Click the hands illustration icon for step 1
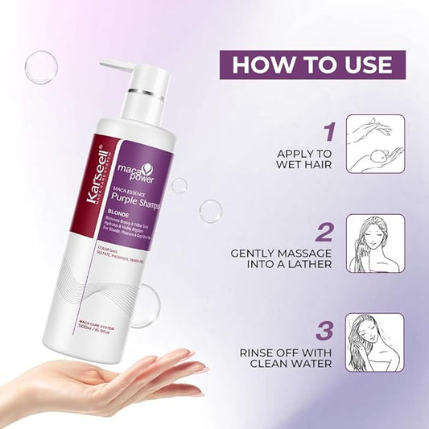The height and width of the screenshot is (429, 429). [374, 143]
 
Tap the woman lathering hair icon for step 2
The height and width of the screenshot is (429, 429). [374, 243]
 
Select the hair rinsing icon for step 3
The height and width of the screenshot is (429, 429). [374, 342]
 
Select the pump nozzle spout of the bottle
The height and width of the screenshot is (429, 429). [113, 65]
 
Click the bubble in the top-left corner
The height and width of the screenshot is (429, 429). [40, 67]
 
